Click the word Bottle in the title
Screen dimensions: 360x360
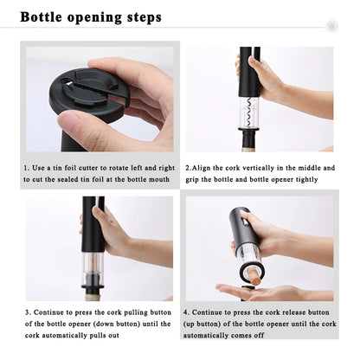[42, 17]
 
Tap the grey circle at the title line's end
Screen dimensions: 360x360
[331, 27]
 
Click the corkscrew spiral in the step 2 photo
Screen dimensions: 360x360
[249, 113]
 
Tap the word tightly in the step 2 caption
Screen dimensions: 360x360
[307, 179]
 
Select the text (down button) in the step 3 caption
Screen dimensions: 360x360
[116, 324]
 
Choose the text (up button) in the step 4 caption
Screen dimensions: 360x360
[202, 324]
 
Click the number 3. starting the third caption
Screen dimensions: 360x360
[28, 312]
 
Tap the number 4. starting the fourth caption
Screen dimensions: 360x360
[186, 312]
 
